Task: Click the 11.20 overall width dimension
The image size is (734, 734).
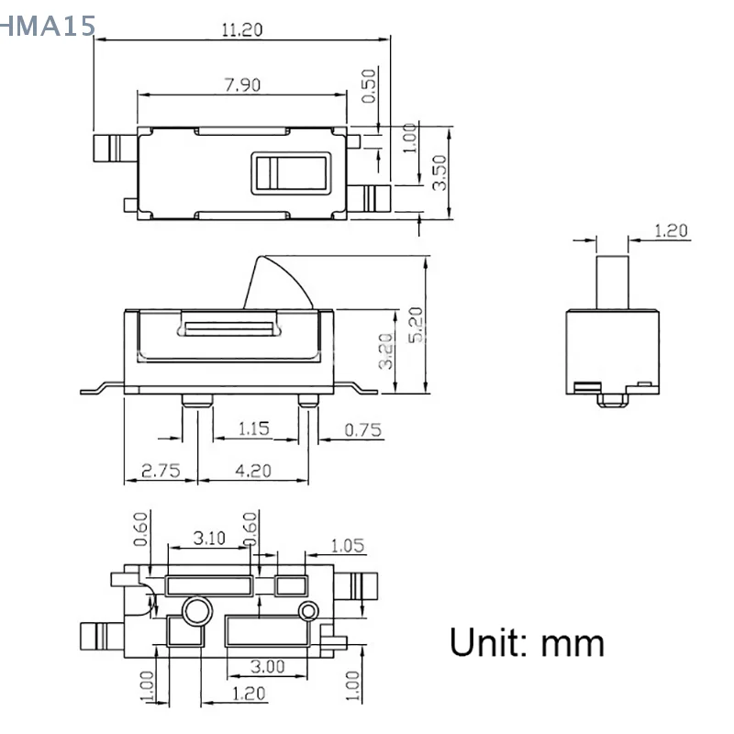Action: tap(241, 30)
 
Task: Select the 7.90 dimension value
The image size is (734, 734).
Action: tap(242, 84)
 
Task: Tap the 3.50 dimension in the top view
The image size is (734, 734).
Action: tap(440, 172)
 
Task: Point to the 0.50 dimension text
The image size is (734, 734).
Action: tap(369, 86)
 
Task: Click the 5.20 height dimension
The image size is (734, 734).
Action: tap(416, 325)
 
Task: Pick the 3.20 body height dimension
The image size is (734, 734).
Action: tap(386, 351)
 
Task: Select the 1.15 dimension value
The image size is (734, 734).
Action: tap(254, 428)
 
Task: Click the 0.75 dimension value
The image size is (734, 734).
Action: tap(362, 429)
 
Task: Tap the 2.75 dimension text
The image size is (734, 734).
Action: tap(161, 471)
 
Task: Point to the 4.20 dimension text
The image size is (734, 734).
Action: tap(253, 471)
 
